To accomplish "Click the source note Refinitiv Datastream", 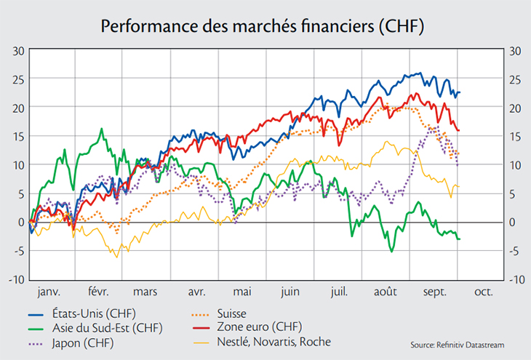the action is click(458, 345).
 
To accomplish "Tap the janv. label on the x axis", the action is click(49, 292).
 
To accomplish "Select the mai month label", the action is click(241, 292).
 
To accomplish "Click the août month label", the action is click(385, 292).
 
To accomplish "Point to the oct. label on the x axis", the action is click(483, 292).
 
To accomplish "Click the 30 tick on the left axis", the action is click(19, 51).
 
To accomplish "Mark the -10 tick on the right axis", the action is click(516, 279).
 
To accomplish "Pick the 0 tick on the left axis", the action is click(22, 223).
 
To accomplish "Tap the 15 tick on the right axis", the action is click(516, 137).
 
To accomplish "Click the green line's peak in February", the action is click(101, 129).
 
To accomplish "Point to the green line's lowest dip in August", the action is click(392, 252).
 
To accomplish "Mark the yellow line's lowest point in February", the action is click(117, 257).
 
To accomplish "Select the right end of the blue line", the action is click(460, 92).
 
